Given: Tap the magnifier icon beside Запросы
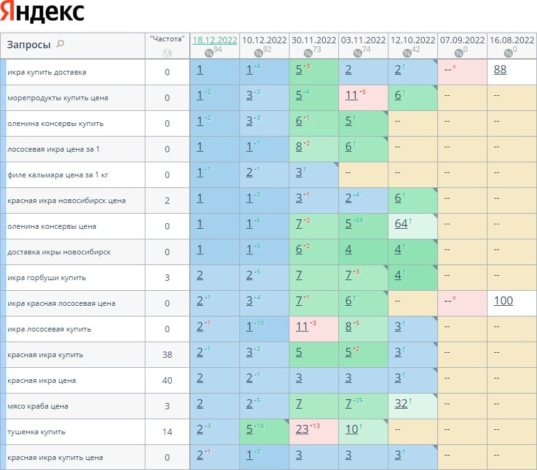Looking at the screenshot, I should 60,44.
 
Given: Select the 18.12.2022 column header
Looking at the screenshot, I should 214,39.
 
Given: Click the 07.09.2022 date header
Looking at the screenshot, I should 462,39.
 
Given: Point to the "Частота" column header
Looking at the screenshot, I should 167,39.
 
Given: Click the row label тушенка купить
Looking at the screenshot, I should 36,432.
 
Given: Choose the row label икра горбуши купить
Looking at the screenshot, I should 46,278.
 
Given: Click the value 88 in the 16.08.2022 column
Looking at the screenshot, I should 500,70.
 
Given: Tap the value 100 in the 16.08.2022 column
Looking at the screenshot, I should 503,301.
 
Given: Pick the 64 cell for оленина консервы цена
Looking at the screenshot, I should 401,224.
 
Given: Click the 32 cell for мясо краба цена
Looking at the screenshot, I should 401,404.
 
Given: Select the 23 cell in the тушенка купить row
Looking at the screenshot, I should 302,429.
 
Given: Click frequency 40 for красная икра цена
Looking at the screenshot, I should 167,380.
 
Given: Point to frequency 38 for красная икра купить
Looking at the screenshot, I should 167,355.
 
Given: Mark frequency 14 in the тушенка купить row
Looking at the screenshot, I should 167,432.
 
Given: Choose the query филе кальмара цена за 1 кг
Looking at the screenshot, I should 58,175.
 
